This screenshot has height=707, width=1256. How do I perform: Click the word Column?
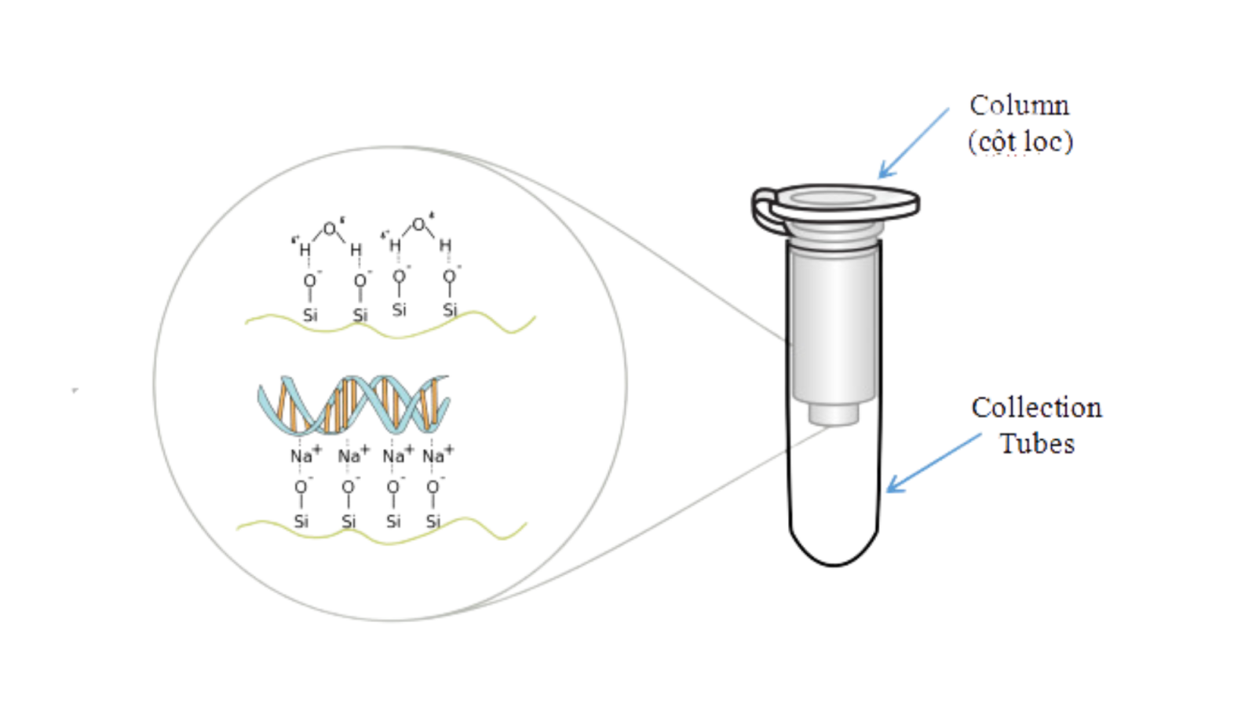pos(1020,106)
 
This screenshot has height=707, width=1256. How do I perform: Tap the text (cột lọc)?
pos(1020,142)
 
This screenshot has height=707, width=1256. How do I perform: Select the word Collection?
pos(1037,408)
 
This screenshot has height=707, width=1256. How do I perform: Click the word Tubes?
pos(1037,444)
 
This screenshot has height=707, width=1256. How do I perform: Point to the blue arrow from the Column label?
pos(914,143)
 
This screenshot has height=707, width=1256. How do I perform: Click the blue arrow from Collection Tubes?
pos(934,463)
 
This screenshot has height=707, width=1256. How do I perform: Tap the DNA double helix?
pos(354,405)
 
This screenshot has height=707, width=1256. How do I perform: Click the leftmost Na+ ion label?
pos(305,455)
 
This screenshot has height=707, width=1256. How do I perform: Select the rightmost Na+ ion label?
pos(437,455)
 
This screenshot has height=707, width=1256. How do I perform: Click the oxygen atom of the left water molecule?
pos(330,229)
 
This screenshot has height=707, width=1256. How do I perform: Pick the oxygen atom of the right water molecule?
pos(419,225)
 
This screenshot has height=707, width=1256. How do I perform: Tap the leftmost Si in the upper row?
pos(310,315)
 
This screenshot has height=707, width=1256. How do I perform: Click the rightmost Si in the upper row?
pos(450,310)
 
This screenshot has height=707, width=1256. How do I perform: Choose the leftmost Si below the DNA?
pos(301,522)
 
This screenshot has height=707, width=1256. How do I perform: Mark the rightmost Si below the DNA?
pos(433,522)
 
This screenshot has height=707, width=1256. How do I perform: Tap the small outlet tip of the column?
pos(834,415)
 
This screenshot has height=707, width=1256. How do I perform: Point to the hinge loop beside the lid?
pos(761,211)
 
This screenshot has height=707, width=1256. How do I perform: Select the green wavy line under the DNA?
pos(382,533)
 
